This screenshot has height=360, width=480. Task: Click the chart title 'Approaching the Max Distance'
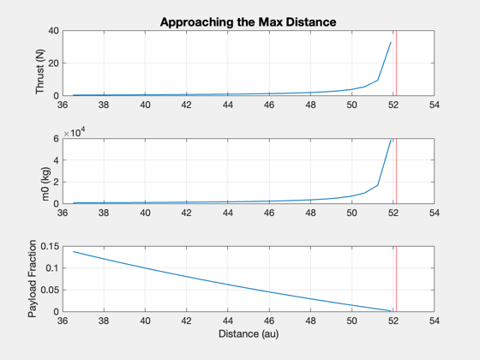248,22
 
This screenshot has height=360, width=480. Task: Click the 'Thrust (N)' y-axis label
39,72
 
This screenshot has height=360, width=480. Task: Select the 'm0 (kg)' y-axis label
45,183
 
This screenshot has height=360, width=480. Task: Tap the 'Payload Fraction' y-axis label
32,279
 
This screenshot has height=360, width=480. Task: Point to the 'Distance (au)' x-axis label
249,333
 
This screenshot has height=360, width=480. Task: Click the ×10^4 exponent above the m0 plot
75,133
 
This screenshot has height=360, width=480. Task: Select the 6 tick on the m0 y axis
56,139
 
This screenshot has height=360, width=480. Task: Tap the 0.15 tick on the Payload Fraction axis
50,247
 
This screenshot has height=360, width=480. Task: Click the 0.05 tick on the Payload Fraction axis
50,290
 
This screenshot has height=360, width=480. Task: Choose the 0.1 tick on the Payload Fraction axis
52,268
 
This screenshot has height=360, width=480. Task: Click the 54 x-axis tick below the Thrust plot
434,105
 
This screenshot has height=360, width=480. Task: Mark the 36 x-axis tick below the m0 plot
63,213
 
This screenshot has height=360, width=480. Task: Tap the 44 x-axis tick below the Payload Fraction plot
228,321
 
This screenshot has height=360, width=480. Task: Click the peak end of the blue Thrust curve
391,42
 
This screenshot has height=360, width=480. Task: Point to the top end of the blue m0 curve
391,140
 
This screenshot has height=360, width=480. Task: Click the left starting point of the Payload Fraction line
74,252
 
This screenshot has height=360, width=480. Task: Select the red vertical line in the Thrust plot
396,63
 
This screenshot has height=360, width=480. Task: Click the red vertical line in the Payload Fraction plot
396,279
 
